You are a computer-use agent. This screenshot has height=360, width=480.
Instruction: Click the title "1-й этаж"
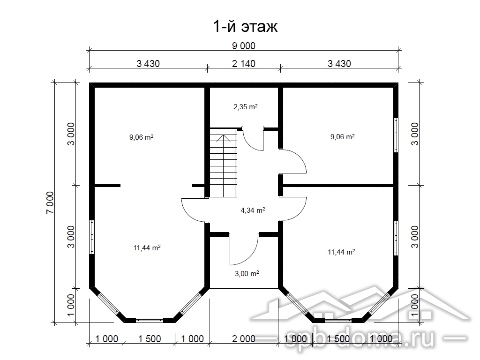(245, 27)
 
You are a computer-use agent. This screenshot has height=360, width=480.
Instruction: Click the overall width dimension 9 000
(244, 46)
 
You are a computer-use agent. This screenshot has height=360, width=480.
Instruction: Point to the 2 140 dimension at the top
(244, 64)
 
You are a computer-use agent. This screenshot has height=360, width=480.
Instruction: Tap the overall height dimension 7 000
(50, 202)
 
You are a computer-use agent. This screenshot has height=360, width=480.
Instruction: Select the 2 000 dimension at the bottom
(244, 339)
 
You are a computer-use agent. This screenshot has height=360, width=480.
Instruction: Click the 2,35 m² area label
(246, 107)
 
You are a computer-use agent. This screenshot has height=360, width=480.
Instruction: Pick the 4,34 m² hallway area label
(253, 210)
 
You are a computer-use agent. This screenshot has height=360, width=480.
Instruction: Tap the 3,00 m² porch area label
(247, 273)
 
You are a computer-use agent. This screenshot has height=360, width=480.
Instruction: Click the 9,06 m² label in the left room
(141, 137)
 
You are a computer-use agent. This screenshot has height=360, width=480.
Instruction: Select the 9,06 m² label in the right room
(342, 136)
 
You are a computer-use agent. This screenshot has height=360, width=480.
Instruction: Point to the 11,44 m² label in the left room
(147, 247)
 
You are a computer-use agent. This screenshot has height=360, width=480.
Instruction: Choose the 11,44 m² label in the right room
(341, 252)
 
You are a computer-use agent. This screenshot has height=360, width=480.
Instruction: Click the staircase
(223, 163)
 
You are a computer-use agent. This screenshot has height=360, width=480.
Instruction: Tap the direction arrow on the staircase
(224, 138)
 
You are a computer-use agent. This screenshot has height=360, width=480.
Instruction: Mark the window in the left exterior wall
(92, 237)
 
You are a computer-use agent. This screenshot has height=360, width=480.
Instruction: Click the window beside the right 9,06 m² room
(396, 135)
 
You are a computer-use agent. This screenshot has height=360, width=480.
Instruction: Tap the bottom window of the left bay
(150, 320)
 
